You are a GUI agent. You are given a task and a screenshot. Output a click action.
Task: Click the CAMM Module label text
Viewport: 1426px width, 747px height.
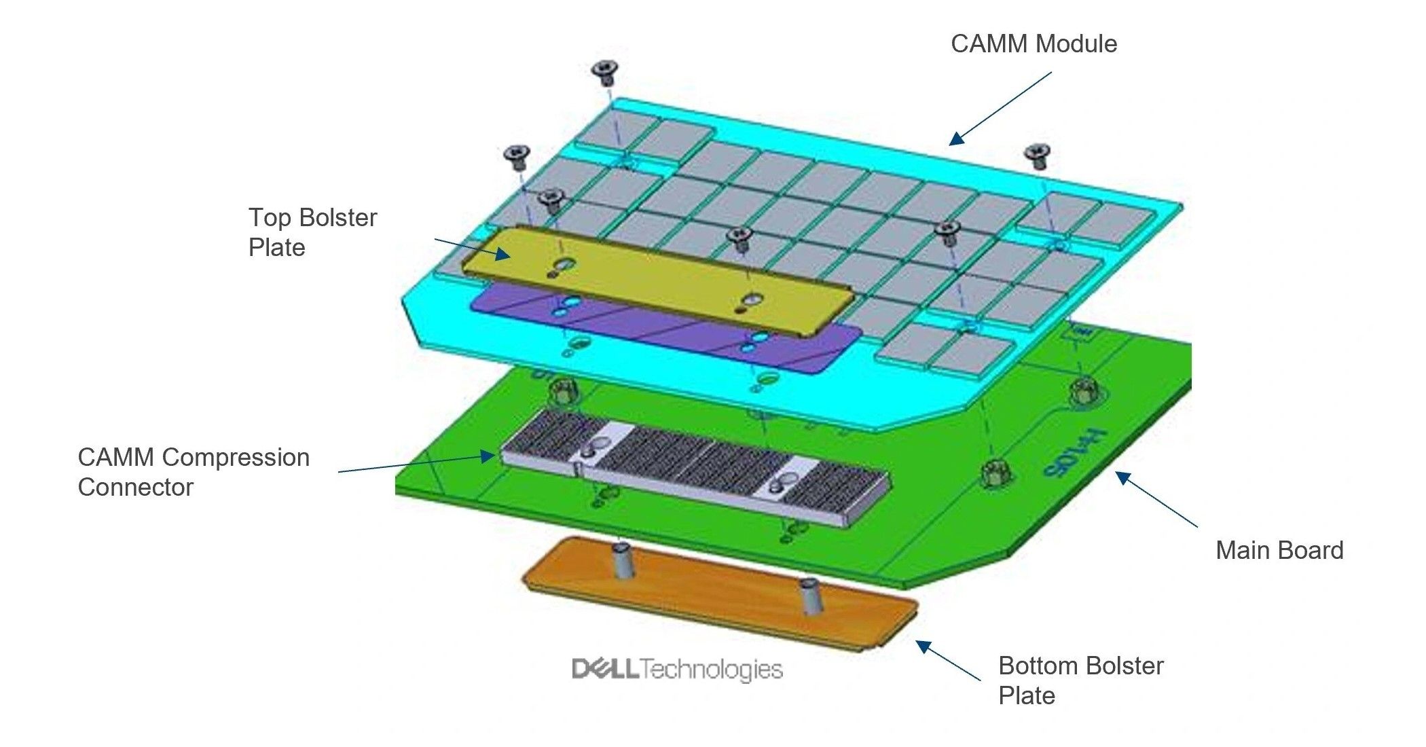pos(1034,43)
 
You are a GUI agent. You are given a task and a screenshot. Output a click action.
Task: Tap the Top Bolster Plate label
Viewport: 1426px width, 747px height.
pos(312,232)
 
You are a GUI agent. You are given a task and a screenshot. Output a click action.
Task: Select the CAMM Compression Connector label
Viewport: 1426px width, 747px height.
pos(194,472)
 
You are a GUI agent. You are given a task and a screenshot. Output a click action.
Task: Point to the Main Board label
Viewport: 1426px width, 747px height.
pos(1279,550)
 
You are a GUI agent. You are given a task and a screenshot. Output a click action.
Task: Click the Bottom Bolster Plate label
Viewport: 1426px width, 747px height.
pos(1080,680)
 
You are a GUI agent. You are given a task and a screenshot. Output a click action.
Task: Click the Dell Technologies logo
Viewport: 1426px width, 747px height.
pos(677,670)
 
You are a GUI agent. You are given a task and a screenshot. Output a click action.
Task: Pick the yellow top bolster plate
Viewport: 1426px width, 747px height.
pos(652,278)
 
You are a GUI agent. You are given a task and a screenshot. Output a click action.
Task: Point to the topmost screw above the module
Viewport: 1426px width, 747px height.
pos(604,71)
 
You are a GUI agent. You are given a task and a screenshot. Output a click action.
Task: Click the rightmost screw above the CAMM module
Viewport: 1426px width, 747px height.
pos(1038,155)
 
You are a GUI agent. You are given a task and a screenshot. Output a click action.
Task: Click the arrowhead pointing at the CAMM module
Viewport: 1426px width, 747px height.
pos(956,139)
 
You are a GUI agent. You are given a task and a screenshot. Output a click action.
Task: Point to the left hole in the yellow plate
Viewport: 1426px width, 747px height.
pos(562,263)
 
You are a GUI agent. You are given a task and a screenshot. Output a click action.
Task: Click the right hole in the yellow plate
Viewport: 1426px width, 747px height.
pos(751,299)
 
